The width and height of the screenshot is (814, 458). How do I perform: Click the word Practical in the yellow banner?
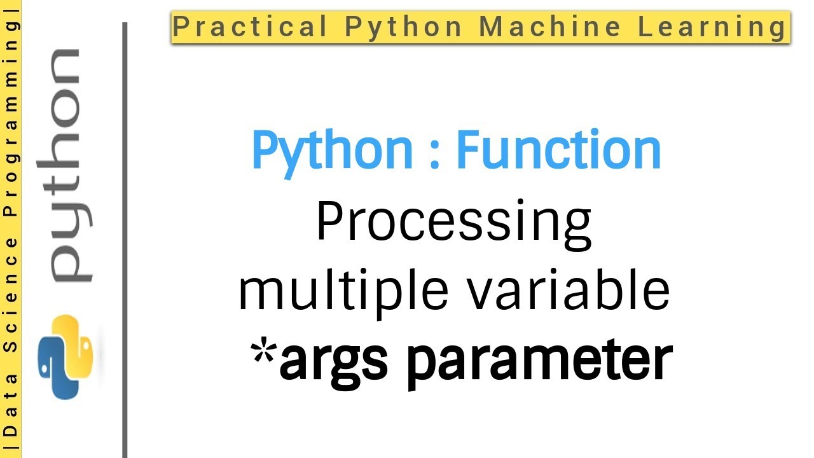point(251,27)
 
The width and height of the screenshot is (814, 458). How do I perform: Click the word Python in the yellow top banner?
point(403,27)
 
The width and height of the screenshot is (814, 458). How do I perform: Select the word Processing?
point(454,224)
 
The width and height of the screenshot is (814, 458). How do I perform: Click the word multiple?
point(341,291)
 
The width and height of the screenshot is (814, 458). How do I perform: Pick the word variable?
point(567,291)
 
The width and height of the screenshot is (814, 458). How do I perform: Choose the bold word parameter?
point(534,359)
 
